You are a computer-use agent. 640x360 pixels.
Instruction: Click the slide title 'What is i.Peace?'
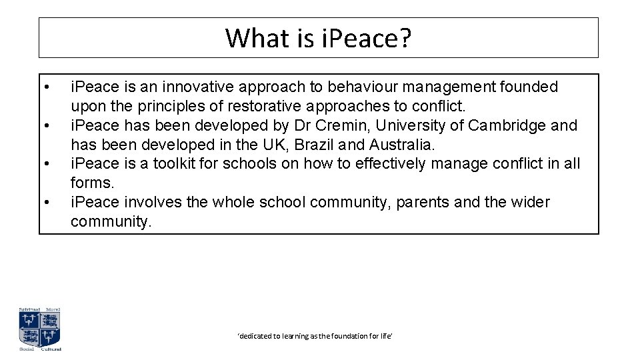(318, 38)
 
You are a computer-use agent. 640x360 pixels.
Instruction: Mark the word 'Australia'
(401, 145)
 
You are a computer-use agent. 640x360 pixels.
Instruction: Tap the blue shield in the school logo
(39, 329)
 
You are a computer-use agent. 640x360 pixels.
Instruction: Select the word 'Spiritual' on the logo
(29, 310)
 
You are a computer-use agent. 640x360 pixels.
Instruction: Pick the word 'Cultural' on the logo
(51, 349)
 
